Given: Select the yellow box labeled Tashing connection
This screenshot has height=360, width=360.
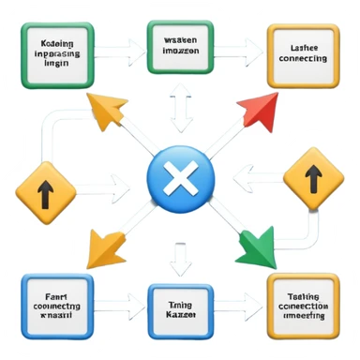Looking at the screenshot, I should click(302, 305).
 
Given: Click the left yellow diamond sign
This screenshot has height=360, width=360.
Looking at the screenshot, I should click(44, 194).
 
